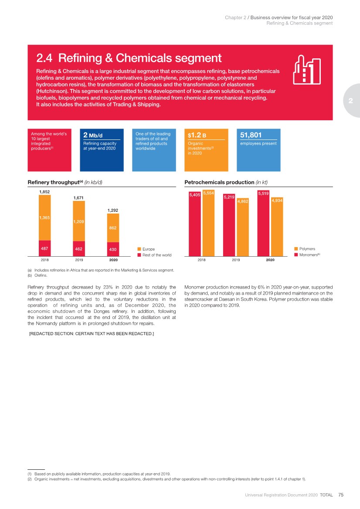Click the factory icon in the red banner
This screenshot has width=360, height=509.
[306, 69]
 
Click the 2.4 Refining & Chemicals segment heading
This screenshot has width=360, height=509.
[129, 58]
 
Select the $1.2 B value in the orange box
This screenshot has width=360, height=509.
[197, 135]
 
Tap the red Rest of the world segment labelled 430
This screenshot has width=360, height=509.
[113, 249]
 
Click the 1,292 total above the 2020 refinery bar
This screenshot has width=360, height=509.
[113, 210]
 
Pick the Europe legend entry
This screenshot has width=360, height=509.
[149, 249]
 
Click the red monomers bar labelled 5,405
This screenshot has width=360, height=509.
[194, 227]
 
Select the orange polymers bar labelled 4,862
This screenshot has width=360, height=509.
[243, 229]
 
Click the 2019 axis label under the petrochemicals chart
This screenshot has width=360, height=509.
[236, 260]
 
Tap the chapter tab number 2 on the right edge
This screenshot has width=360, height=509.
[351, 101]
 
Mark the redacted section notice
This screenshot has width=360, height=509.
[91, 334]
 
